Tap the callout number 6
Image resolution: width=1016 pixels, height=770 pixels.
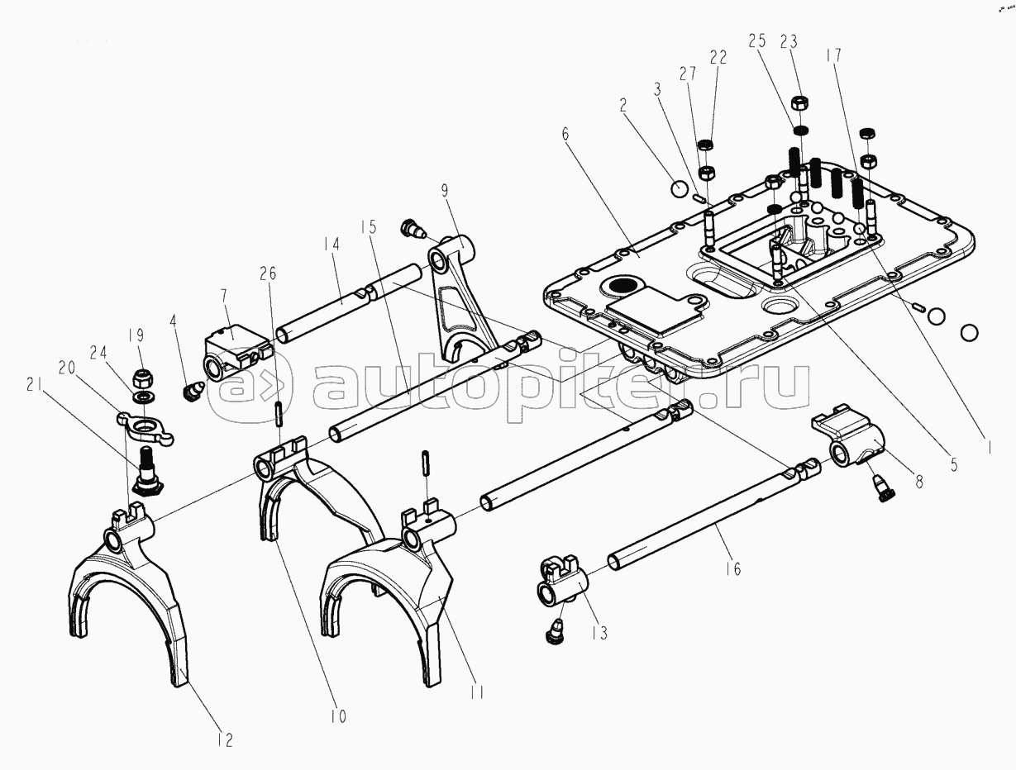click(565, 134)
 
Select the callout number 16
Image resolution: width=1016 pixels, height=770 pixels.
click(733, 568)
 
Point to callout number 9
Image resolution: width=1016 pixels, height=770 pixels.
click(445, 191)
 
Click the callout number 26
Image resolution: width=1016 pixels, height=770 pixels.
click(268, 273)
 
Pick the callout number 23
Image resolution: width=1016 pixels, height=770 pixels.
click(789, 41)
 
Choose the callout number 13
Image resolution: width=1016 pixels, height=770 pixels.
click(600, 632)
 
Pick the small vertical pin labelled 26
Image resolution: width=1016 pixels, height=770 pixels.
click(279, 414)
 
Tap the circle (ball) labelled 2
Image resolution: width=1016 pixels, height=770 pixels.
click(680, 188)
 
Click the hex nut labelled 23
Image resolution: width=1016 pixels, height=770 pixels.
click(799, 102)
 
